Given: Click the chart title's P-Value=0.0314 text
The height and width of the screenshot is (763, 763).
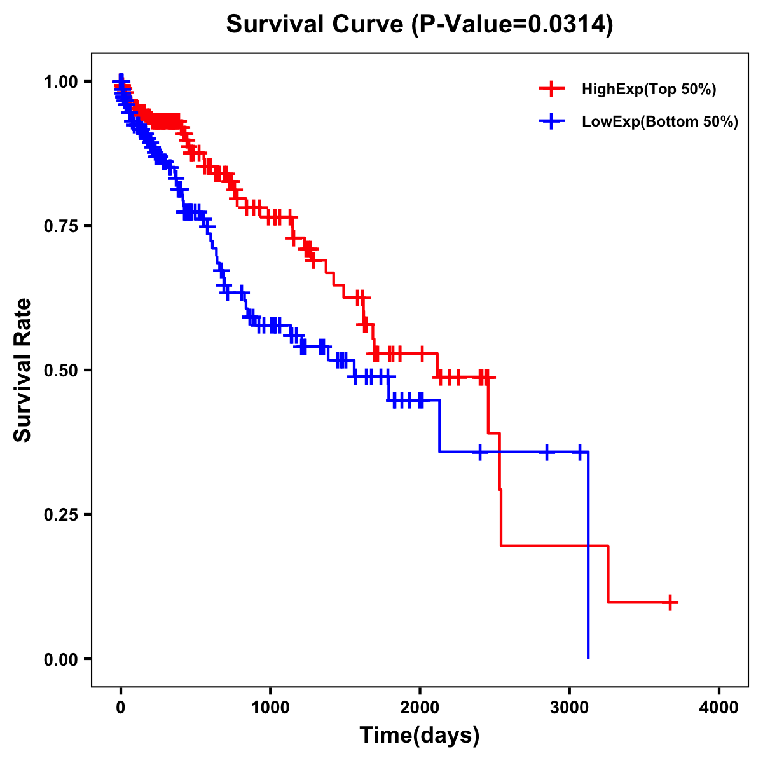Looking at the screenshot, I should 512,25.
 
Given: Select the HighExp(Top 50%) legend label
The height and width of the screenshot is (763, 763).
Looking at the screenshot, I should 649,90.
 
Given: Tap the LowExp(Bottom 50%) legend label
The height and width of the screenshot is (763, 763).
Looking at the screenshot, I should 660,122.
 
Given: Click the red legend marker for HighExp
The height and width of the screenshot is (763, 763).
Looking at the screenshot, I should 551,89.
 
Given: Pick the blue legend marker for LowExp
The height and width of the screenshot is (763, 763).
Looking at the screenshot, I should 551,121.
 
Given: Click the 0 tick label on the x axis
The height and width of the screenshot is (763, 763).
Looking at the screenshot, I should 121,708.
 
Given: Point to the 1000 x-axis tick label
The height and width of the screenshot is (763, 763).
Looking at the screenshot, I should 270,708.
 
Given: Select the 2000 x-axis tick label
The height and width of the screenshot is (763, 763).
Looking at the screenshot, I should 420,708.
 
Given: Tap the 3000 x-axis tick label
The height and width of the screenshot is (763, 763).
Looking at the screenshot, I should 570,708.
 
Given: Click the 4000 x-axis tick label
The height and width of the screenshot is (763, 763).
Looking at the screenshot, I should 719,708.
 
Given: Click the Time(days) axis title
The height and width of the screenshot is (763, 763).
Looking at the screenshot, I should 420,736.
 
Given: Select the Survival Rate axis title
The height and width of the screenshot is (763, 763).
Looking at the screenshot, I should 24,370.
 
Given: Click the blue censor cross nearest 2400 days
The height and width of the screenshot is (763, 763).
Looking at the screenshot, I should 479,452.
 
